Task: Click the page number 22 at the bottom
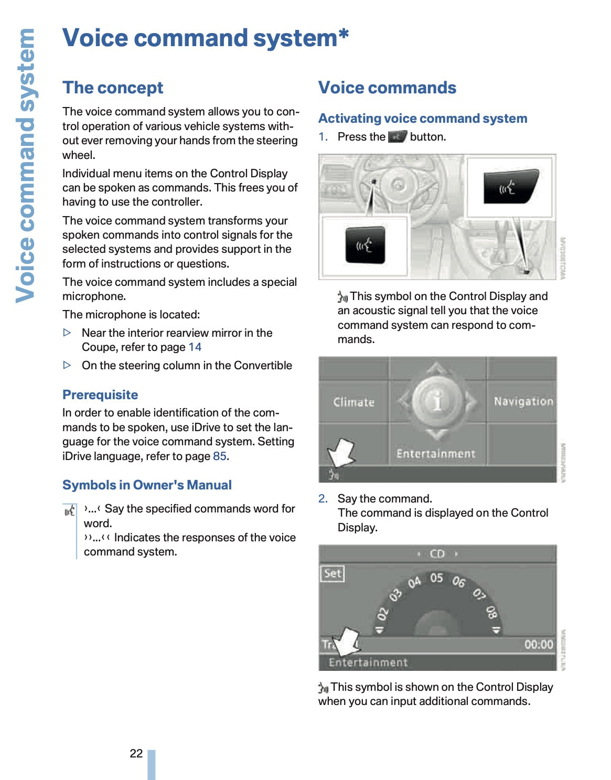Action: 136,754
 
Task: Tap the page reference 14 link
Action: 195,347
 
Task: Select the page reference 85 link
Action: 220,456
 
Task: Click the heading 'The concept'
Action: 113,88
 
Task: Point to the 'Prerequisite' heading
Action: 100,395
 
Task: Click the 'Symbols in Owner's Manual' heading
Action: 147,485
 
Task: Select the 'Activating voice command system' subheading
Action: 423,119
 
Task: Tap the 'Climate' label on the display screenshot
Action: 354,402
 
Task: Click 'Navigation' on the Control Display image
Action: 523,401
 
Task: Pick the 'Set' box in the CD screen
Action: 333,573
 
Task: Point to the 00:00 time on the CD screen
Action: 539,645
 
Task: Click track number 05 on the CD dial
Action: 436,578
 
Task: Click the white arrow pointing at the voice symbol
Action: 341,452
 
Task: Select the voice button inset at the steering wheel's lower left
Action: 365,245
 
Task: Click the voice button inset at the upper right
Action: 509,186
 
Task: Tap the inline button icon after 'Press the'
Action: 398,137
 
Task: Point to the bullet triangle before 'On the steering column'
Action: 67,366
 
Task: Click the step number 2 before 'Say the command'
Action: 323,499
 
